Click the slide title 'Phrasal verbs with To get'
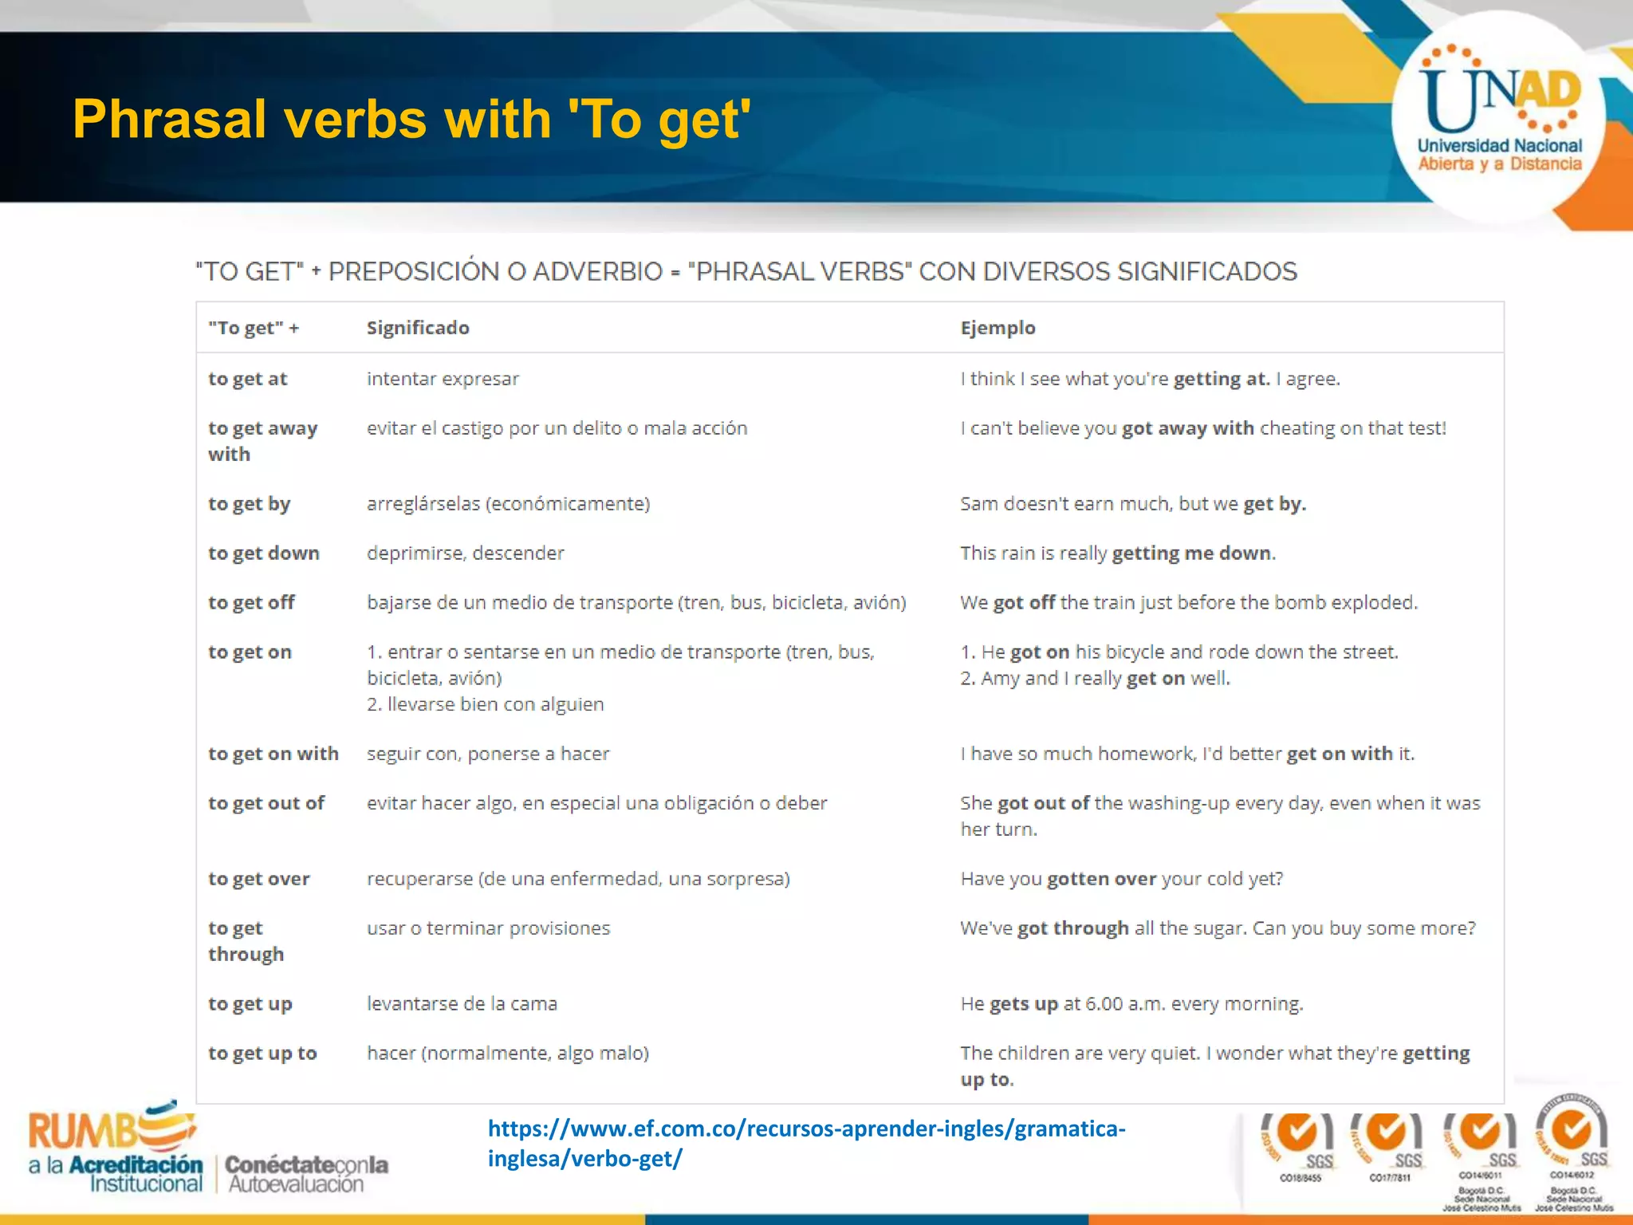click(x=411, y=120)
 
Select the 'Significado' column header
click(x=418, y=328)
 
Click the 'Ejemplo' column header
click(x=998, y=328)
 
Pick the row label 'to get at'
click(x=247, y=379)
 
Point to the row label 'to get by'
click(x=249, y=504)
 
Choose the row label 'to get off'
click(x=251, y=603)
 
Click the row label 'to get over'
click(x=258, y=879)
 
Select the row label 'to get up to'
click(x=262, y=1054)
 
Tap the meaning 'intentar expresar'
click(x=443, y=379)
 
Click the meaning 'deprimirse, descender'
click(x=465, y=553)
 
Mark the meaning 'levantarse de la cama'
click(x=462, y=1004)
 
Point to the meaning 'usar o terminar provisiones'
click(x=488, y=928)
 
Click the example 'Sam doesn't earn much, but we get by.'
click(x=1132, y=504)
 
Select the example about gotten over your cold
click(x=1121, y=879)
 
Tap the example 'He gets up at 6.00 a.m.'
click(x=1131, y=1004)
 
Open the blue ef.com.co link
click(x=805, y=1143)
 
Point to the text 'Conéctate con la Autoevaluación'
click(x=306, y=1174)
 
